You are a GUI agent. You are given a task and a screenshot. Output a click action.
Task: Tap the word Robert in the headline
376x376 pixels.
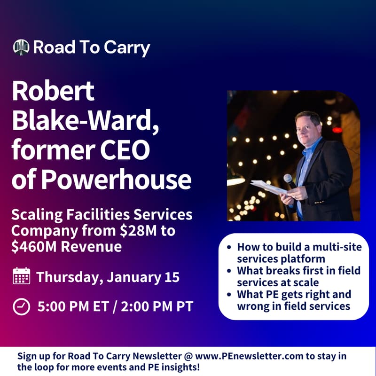coord(53,91)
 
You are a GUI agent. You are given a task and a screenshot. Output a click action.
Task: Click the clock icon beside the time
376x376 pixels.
coord(21,307)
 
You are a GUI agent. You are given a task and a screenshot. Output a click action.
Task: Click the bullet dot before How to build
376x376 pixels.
coord(228,247)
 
